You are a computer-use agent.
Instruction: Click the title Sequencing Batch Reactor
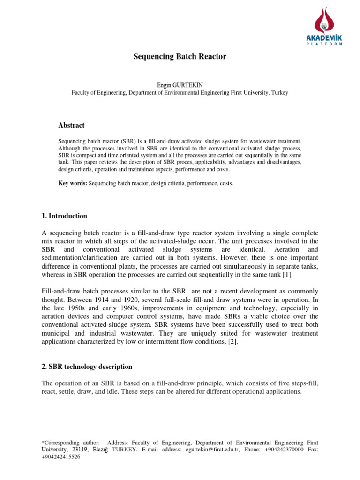click(180, 57)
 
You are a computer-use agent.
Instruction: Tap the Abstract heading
click(71, 125)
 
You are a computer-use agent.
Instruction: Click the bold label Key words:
click(73, 184)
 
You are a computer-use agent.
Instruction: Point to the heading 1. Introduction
click(65, 216)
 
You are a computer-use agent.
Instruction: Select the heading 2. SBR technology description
click(87, 367)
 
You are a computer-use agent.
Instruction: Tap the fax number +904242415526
click(61, 457)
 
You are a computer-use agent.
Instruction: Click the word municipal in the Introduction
click(57, 333)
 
